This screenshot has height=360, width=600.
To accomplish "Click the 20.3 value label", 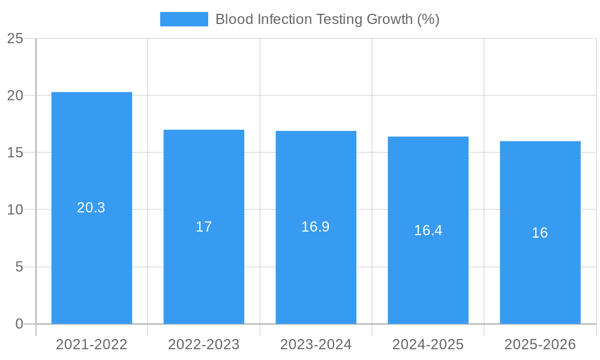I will point(91,208).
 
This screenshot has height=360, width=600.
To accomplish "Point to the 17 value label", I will point(204,227).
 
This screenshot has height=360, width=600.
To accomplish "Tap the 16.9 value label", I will point(316,227).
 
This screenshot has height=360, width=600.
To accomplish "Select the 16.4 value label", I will point(428,230).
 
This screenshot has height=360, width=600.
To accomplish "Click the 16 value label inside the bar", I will point(540,233).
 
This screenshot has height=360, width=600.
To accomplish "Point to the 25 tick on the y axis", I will point(15,38).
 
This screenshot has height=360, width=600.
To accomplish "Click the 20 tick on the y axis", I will point(15,95).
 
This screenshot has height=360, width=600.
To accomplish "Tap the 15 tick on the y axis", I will point(15,152).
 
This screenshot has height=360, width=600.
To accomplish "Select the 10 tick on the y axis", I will point(15,210).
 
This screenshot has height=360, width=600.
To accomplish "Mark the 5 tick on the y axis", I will point(19,267).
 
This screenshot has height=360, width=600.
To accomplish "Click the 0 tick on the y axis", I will point(19,324).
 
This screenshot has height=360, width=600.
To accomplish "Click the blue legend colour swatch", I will point(184,19).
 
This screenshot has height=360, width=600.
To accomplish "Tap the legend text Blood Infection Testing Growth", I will point(327,19).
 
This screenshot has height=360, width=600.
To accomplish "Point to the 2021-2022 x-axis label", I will point(92,344).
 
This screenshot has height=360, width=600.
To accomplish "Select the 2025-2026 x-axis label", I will point(540,344).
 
